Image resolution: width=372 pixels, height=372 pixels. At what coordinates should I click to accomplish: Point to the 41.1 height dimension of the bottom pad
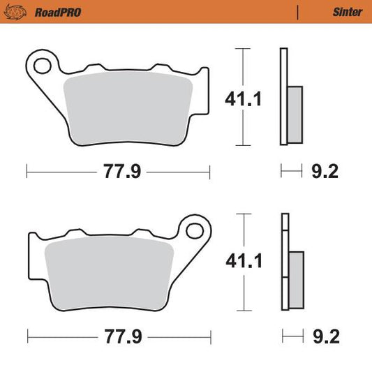click(243, 262)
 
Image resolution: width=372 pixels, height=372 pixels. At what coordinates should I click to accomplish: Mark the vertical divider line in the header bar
click(299, 12)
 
